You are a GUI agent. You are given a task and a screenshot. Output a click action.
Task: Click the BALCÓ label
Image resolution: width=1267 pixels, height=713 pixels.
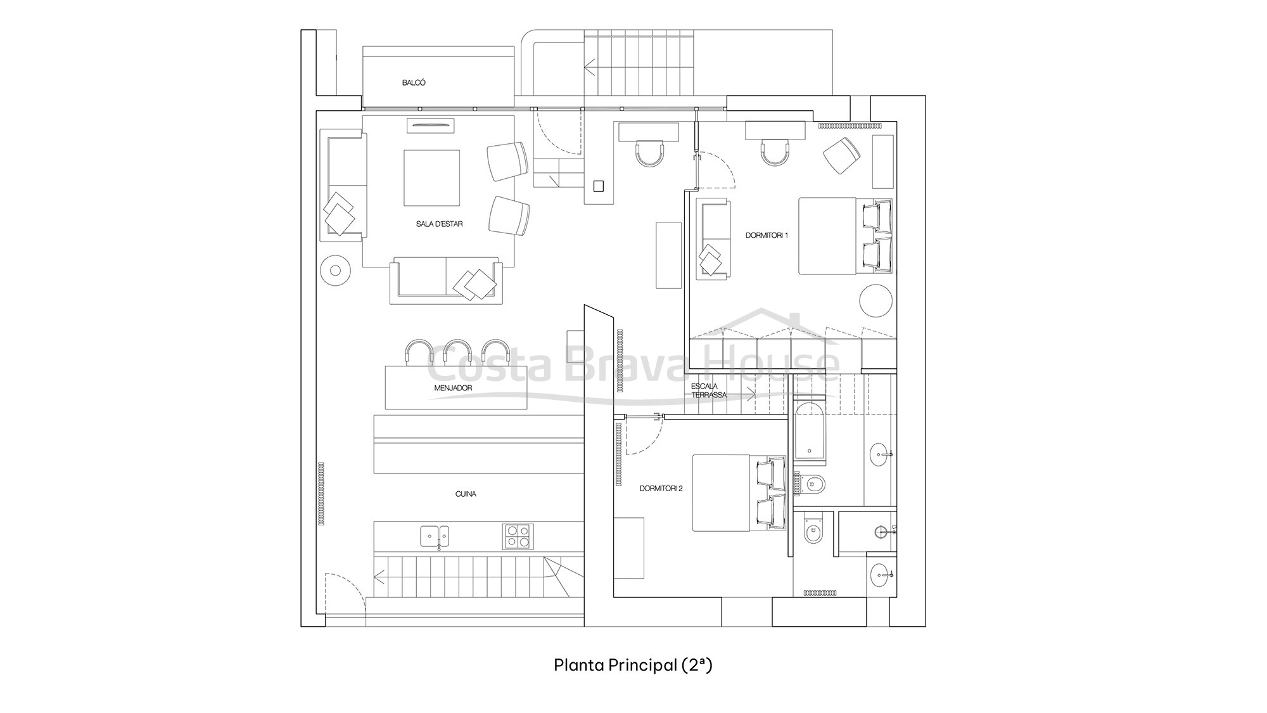pos(414,83)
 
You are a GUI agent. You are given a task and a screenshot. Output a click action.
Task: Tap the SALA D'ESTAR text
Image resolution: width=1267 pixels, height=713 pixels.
pos(439,224)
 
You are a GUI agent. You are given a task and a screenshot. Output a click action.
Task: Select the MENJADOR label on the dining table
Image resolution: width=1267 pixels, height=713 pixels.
pos(453,388)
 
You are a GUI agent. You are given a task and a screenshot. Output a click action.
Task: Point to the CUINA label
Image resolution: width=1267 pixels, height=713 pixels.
pos(466,494)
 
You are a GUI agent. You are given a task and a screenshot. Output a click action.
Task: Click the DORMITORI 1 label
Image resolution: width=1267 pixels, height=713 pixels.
pos(767,236)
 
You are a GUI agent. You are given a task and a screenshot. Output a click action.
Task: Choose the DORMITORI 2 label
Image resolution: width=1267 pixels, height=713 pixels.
pos(661,489)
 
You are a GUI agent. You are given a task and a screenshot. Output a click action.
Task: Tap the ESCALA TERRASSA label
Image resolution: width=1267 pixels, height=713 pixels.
pos(708,390)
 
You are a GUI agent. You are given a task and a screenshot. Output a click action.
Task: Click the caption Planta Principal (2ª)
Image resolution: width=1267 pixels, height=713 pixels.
pos(633,665)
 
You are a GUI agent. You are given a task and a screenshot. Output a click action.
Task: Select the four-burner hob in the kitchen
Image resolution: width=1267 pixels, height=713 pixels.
pos(518,536)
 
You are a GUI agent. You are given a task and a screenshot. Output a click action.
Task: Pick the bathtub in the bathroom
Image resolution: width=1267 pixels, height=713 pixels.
pos(810,430)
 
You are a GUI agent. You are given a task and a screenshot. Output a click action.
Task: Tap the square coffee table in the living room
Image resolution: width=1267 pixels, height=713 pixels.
pos(432,177)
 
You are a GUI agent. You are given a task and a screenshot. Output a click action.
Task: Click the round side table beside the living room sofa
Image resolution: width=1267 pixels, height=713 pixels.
pos(336,271)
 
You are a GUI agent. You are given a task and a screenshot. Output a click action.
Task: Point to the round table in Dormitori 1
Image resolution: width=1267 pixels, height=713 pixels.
pos(875,300)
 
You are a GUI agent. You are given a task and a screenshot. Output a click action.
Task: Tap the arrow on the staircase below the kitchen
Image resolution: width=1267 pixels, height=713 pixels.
pos(379,577)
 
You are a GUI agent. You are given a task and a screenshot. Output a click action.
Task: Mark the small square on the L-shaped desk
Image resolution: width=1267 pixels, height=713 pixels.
pos(598,186)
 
